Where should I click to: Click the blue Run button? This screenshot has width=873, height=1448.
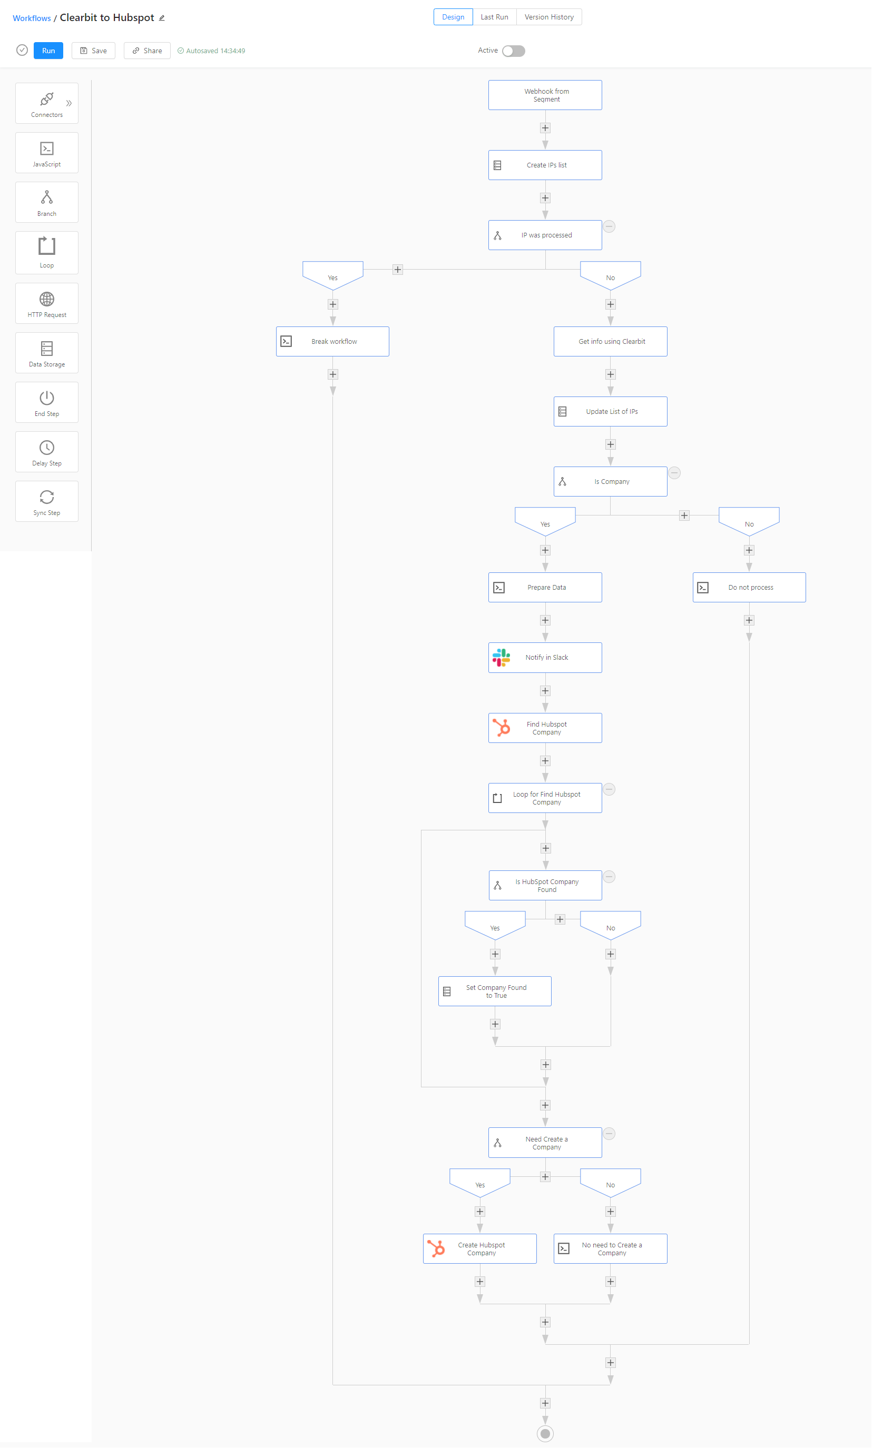click(48, 51)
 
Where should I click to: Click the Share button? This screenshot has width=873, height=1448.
click(147, 51)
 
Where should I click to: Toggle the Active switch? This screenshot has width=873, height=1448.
click(513, 51)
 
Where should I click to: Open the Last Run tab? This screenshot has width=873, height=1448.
click(494, 17)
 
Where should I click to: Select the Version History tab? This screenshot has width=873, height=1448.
click(548, 17)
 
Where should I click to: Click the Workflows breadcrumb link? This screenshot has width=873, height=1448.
click(32, 18)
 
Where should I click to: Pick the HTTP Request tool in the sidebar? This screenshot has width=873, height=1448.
click(46, 303)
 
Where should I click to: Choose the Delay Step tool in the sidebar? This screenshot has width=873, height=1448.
click(46, 452)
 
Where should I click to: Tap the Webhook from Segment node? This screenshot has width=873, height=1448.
click(545, 95)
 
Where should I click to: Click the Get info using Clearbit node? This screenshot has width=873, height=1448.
click(610, 341)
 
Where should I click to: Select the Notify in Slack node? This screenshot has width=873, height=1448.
click(545, 658)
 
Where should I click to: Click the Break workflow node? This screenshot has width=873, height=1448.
click(333, 341)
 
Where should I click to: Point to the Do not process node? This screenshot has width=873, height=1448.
click(749, 588)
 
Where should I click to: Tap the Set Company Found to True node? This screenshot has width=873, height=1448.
click(495, 991)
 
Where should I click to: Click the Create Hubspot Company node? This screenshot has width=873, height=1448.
click(480, 1249)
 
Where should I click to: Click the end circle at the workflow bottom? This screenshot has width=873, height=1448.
click(545, 1434)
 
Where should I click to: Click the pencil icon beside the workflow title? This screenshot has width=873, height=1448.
click(162, 18)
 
